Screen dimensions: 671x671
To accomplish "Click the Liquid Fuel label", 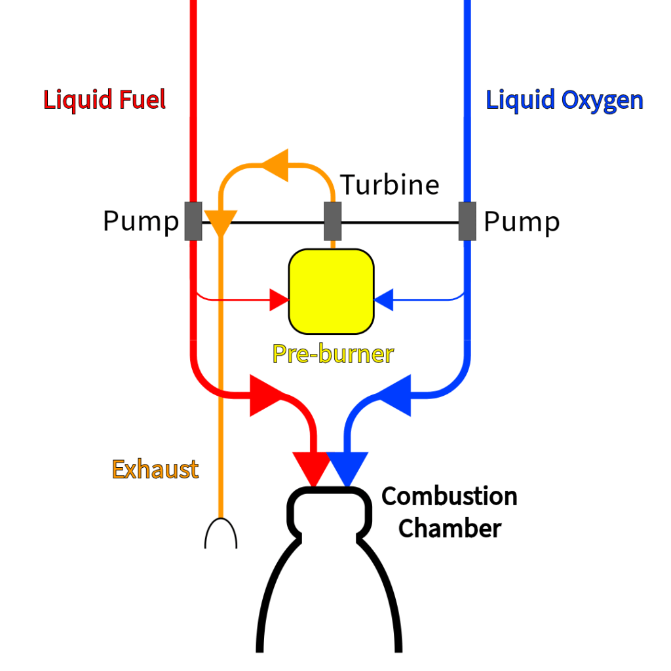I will [104, 100].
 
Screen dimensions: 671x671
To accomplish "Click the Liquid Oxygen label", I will [564, 100].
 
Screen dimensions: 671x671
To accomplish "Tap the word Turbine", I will [390, 185].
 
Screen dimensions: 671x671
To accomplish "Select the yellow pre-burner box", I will [332, 291].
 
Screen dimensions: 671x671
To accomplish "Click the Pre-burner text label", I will [333, 354].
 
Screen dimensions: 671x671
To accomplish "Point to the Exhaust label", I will [155, 469].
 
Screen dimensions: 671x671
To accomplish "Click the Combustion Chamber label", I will [450, 512].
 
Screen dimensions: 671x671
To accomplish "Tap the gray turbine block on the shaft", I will [333, 221].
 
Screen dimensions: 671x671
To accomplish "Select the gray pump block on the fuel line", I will [193, 221].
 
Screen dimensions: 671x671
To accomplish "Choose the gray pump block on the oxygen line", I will [467, 221].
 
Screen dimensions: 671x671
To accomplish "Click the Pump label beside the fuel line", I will [140, 221].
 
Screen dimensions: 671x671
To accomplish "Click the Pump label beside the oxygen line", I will [522, 221].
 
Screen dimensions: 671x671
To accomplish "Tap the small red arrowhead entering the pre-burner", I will [280, 301].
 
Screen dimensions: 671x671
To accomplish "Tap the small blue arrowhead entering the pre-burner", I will [383, 301].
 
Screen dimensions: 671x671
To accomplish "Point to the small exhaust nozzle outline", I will [221, 533].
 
